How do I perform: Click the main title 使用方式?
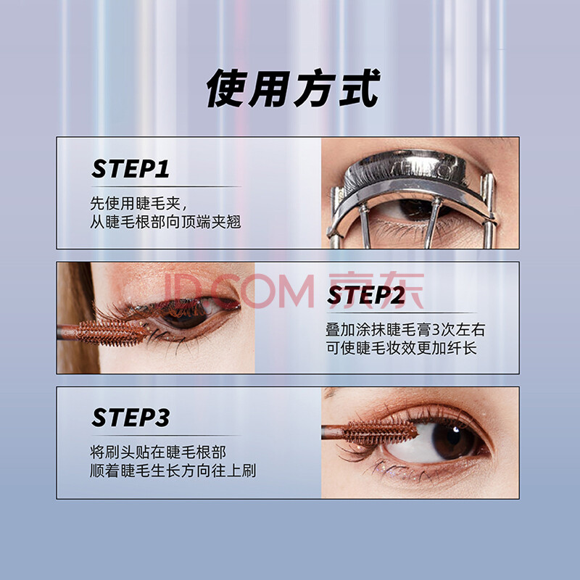click(293, 88)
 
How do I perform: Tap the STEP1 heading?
click(130, 169)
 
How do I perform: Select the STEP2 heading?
click(366, 295)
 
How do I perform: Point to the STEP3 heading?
click(130, 418)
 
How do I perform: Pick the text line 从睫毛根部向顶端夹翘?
click(165, 223)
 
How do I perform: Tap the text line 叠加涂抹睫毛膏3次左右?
click(405, 330)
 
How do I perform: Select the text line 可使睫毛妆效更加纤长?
click(402, 348)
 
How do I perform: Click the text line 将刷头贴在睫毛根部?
click(158, 452)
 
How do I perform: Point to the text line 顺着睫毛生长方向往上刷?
click(173, 471)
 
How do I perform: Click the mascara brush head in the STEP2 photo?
click(112, 333)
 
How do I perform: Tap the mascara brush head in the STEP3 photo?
click(380, 432)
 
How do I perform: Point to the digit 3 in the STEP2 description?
click(436, 330)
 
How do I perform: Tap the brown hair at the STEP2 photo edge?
click(77, 318)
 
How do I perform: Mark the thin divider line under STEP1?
click(166, 186)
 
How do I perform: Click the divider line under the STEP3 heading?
click(166, 436)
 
